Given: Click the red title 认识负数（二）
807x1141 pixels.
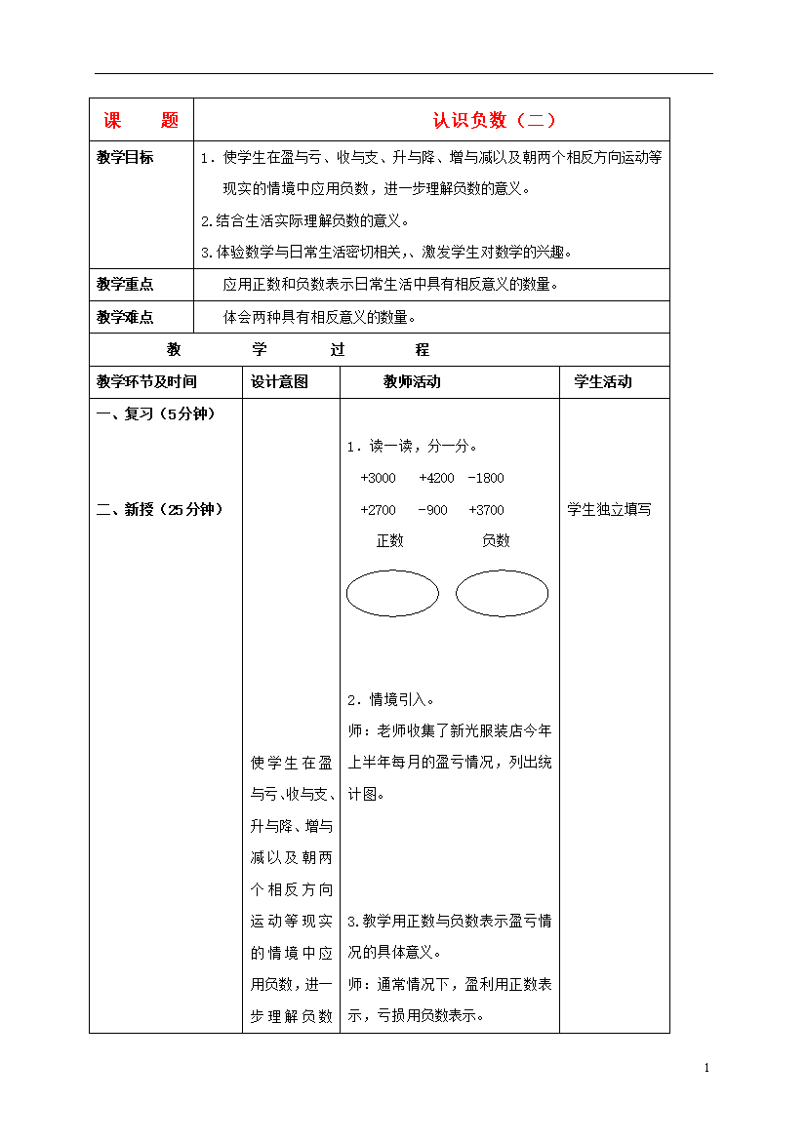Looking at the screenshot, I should [x=495, y=120].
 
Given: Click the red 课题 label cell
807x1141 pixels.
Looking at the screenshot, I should [x=141, y=120].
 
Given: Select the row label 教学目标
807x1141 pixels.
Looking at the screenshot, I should [x=125, y=157].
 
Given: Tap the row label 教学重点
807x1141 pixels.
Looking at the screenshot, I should [x=125, y=285].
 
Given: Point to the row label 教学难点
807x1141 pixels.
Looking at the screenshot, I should [x=125, y=317].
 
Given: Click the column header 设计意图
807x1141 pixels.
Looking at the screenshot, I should [x=279, y=382].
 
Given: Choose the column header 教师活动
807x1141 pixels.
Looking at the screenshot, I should [x=412, y=382].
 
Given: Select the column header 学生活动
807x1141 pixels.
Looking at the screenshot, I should [x=603, y=382].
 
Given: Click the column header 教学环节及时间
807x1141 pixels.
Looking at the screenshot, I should [x=146, y=382].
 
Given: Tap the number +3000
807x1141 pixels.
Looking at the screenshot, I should [x=378, y=478].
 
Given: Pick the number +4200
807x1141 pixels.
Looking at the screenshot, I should [x=436, y=478].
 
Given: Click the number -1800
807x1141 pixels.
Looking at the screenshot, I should [x=486, y=478].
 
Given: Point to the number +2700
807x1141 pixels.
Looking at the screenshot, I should [x=378, y=509].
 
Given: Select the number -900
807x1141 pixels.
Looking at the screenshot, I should [x=432, y=509].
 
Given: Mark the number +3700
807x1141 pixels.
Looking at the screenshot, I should [x=486, y=509].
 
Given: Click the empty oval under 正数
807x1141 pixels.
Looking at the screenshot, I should [x=392, y=593].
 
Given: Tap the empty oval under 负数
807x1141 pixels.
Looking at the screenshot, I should [x=502, y=593].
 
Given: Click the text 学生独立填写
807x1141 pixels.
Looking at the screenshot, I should [x=609, y=509].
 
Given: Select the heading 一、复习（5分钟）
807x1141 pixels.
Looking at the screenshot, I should [x=156, y=413].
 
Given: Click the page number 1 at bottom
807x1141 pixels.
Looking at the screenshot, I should [x=706, y=1068].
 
